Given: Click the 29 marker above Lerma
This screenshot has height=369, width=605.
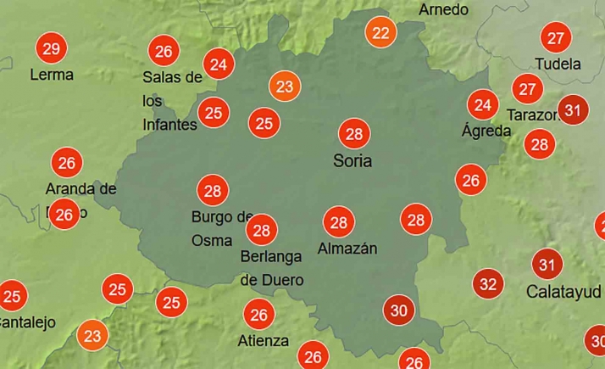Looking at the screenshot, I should pos(51,48).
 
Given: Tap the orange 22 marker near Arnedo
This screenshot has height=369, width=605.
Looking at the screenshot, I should pos(381,34).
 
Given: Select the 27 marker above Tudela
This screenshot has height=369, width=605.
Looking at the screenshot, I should pos(556,38).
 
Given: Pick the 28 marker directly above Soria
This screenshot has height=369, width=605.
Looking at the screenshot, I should pos(354,134).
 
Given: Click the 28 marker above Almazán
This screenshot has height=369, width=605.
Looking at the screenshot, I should pos(339,222).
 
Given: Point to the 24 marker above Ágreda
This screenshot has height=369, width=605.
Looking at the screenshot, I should pos(484,105).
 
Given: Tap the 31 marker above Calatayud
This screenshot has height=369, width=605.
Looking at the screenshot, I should pos(547,265).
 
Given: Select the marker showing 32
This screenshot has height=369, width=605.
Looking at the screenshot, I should pos(488,283).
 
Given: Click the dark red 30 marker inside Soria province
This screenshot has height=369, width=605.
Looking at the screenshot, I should pos(398,310).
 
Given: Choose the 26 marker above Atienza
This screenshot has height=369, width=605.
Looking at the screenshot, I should pos(259,316).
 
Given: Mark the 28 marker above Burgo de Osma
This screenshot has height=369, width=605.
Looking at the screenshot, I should pos(213,190).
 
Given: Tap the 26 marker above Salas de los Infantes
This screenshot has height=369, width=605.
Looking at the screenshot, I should pos(164,51).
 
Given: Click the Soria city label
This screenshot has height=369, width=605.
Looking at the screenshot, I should pos(352,160).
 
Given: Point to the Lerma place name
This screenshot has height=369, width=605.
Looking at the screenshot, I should pos(52,75).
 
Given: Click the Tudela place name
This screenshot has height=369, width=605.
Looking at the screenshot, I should pos(558,64).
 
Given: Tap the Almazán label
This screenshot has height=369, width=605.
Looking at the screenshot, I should pos(347,249).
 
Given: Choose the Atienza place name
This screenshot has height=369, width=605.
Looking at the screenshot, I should pos(263,341).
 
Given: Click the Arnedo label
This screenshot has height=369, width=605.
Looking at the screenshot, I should pos(443,10).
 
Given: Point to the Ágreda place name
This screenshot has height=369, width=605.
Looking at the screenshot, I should pos(486,131).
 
